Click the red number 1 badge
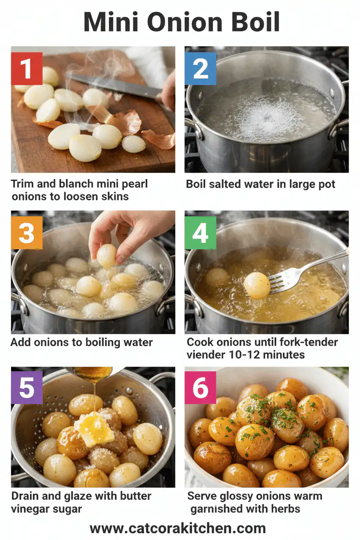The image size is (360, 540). click(26, 68)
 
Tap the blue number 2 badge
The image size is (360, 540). click(200, 68)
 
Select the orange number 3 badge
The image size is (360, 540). click(26, 233)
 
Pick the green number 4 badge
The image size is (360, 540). click(200, 233)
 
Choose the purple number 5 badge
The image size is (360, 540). click(26, 387)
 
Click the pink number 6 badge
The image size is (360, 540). click(200, 387)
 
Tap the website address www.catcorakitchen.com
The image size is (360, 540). click(177, 528)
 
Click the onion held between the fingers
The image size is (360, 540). click(106, 255)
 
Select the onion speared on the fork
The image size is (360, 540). click(257, 285)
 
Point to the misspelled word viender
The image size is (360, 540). click(206, 355)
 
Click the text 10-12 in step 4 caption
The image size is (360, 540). click(255, 355)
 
